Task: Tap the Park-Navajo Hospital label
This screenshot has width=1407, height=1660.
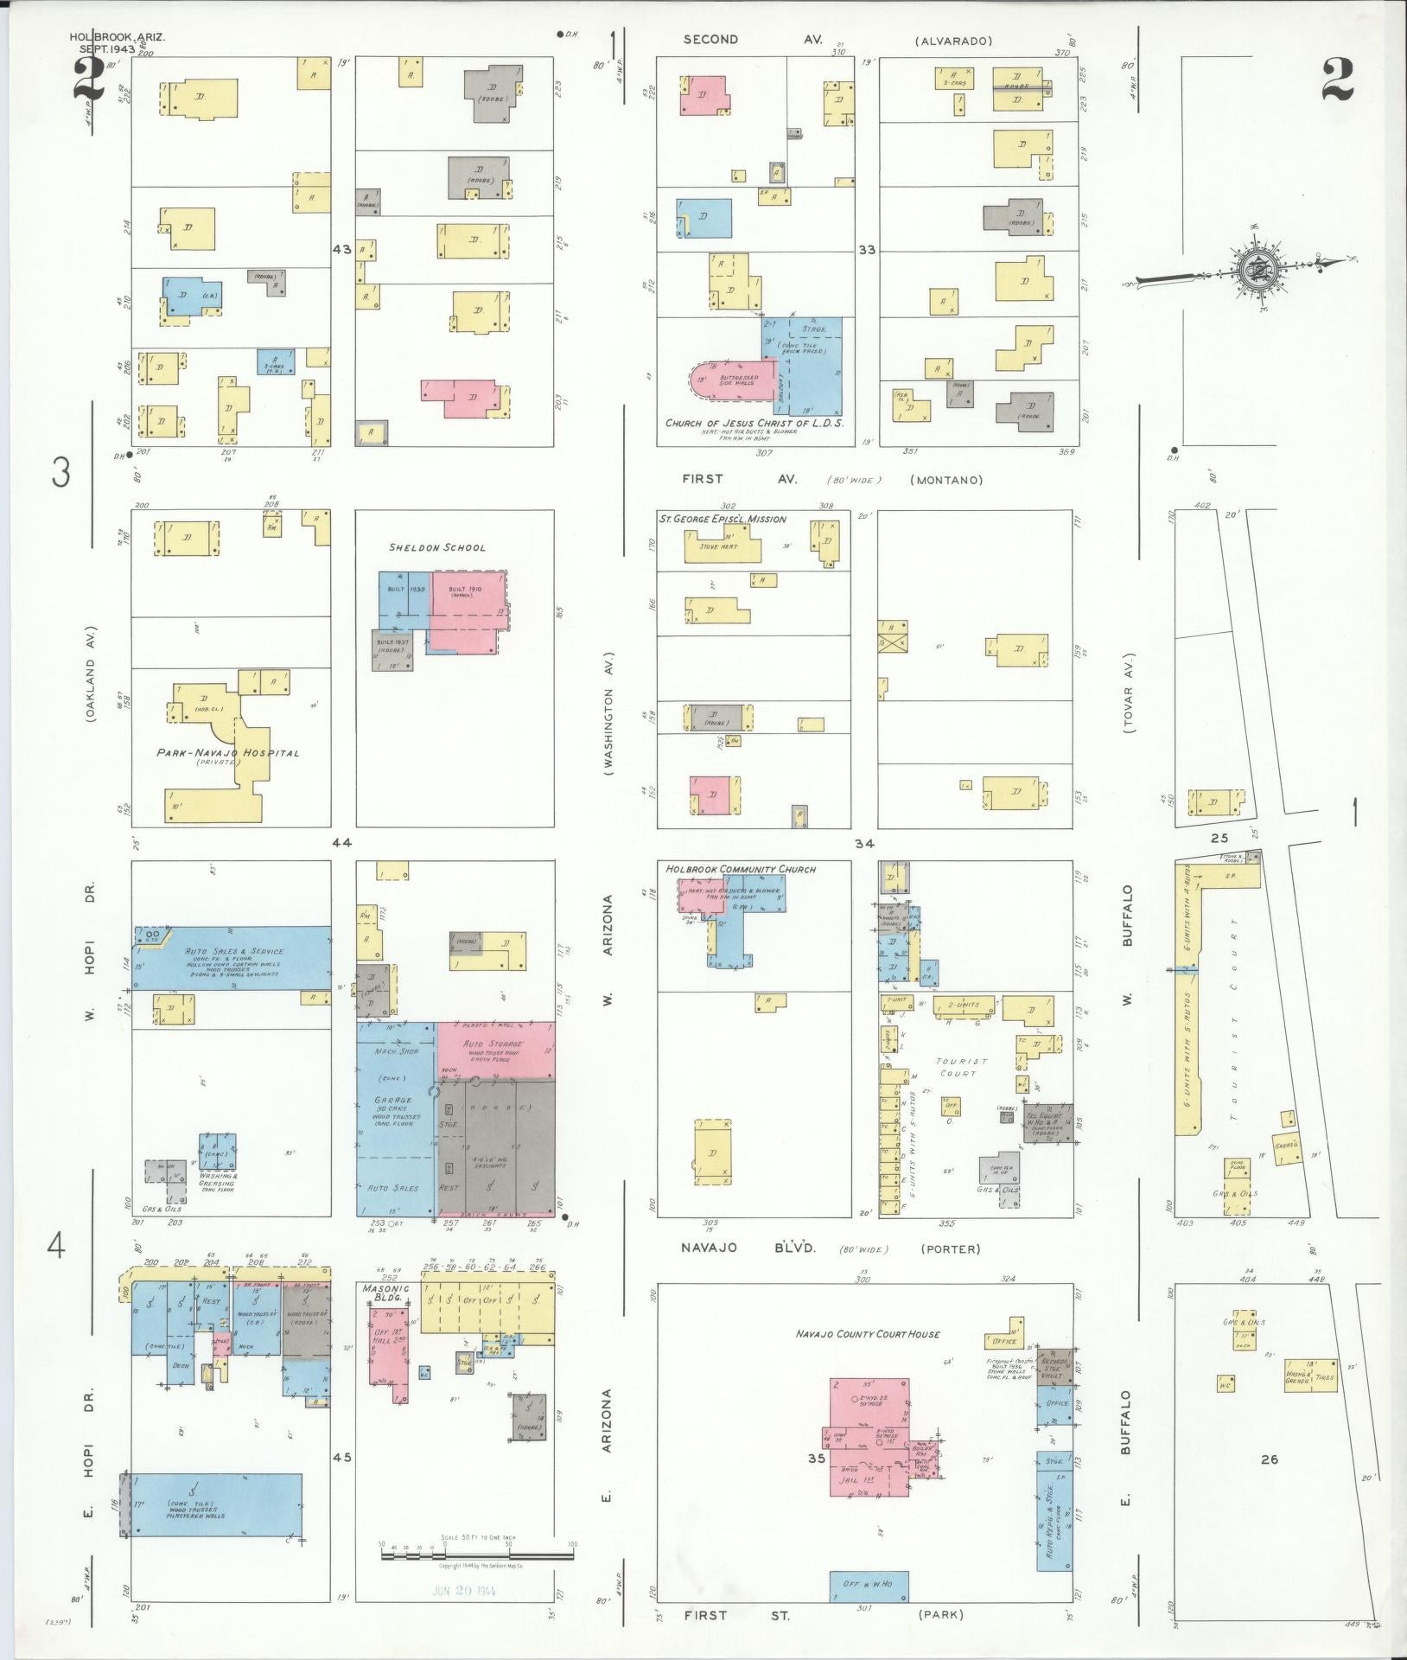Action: [x=228, y=753]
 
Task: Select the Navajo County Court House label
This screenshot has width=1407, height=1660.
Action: [x=867, y=1334]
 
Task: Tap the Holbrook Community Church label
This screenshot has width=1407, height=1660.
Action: [x=740, y=869]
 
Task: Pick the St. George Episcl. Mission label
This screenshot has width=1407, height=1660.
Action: [x=723, y=519]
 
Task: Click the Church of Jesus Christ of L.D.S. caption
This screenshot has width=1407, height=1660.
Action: [x=754, y=423]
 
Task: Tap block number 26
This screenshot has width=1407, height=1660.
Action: [x=1269, y=1459]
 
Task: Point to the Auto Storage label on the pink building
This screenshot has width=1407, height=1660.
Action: [x=493, y=1044]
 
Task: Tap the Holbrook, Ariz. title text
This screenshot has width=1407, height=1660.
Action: [x=118, y=37]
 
